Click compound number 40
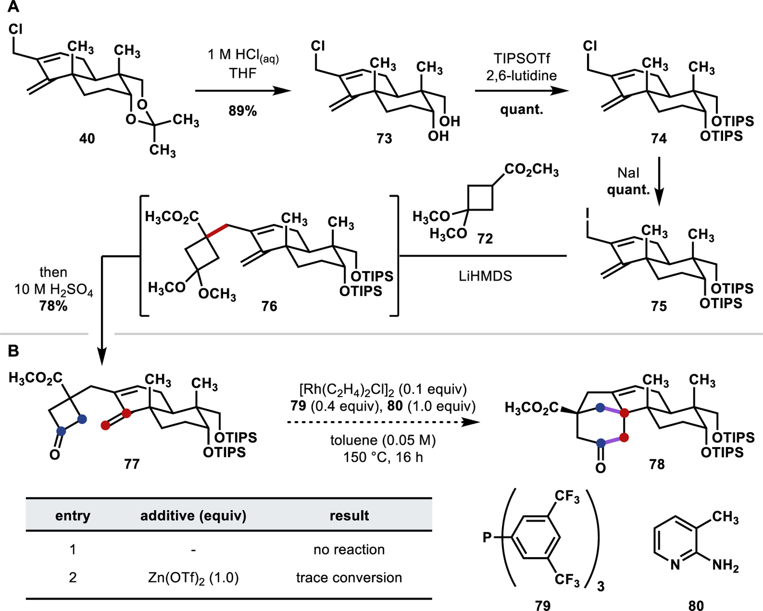click(x=87, y=139)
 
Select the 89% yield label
click(x=242, y=111)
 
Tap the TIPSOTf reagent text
click(x=521, y=58)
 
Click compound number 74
click(x=659, y=139)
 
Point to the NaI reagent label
click(x=628, y=173)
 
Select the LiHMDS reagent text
click(x=485, y=276)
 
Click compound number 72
click(x=485, y=239)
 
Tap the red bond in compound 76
click(x=217, y=231)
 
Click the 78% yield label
click(x=53, y=306)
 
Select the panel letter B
click(x=14, y=351)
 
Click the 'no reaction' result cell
click(x=349, y=550)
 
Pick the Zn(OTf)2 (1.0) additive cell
click(x=193, y=578)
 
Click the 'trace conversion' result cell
click(x=349, y=578)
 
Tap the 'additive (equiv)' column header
click(x=193, y=516)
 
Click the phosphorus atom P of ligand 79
click(x=487, y=538)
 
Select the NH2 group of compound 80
click(x=725, y=565)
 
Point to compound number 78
click(x=657, y=464)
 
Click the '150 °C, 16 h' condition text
click(x=383, y=458)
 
